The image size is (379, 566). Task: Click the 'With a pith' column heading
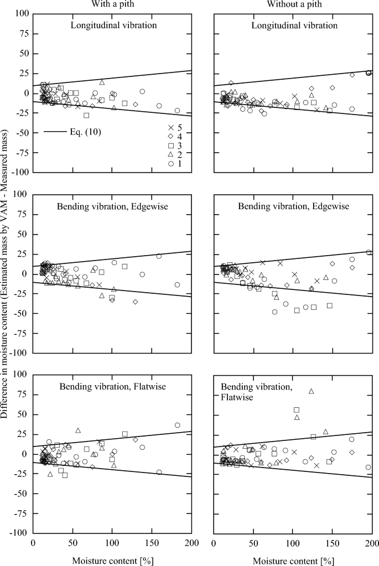point(112,5)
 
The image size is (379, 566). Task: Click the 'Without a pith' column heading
point(293,5)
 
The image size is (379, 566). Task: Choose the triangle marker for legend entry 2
point(172,155)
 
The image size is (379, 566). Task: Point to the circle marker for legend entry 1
point(172,164)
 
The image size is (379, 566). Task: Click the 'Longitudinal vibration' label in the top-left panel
point(112,25)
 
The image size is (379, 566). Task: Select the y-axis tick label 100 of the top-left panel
point(22,13)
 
